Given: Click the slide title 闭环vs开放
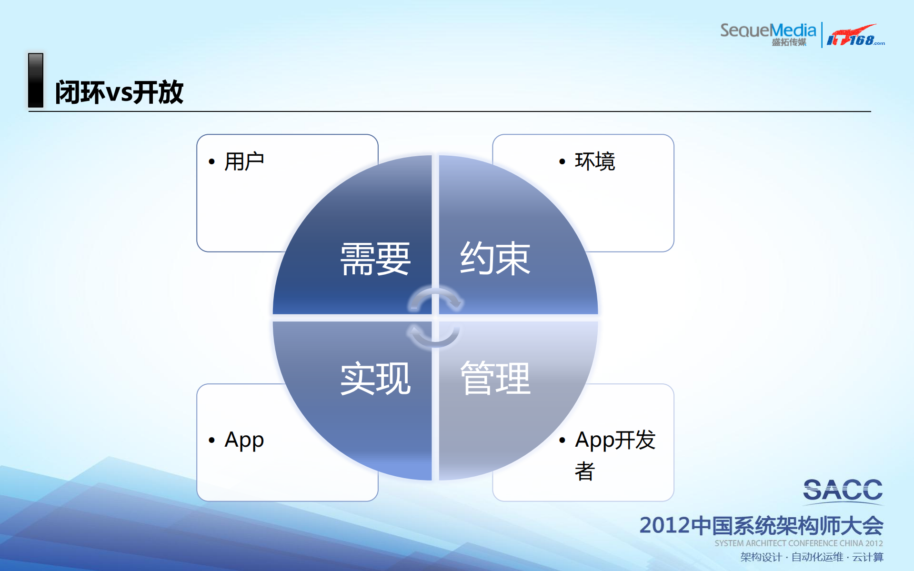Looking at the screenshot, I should [119, 92].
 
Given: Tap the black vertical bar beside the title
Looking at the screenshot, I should [36, 80].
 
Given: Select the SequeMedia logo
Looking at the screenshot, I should [768, 34].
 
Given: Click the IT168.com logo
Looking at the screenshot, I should [855, 36].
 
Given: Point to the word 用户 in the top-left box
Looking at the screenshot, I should [244, 161].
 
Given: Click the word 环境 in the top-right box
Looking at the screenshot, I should [595, 161].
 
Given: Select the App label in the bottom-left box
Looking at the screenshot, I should [244, 440].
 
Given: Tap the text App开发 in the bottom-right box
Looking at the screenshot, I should [615, 440].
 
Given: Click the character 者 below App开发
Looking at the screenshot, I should [584, 471].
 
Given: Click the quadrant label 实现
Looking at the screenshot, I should [375, 379].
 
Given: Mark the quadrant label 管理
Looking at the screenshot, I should [495, 379].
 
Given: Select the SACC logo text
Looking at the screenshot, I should [843, 491].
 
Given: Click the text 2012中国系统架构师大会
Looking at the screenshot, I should [761, 526].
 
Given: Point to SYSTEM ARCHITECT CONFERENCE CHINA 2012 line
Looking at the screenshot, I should [798, 543].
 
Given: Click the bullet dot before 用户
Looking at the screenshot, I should [212, 162].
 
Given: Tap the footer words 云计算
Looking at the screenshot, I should [867, 557].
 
